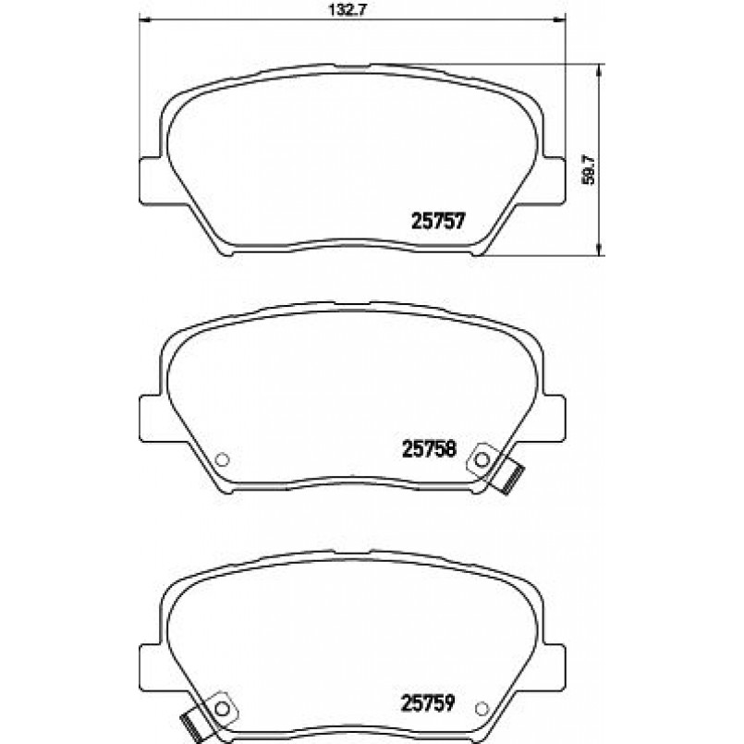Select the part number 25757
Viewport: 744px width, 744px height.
[x=438, y=221]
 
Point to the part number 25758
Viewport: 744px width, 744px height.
[x=429, y=448]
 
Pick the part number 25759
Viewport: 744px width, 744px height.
[x=428, y=702]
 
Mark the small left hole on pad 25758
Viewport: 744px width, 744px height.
[x=222, y=459]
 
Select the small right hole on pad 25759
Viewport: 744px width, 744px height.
[x=482, y=708]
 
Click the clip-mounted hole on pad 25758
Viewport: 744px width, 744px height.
[x=482, y=459]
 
